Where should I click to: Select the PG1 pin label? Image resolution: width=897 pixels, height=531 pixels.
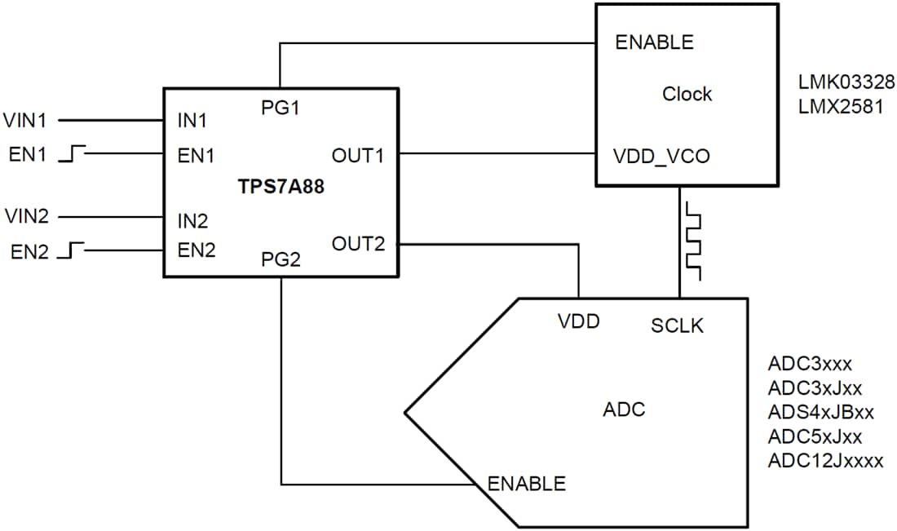click(x=281, y=108)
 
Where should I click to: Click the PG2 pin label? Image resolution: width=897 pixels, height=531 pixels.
click(x=281, y=260)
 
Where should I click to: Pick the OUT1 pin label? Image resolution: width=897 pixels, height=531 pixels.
click(x=357, y=155)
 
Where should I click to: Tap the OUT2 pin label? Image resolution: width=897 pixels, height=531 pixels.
click(x=357, y=243)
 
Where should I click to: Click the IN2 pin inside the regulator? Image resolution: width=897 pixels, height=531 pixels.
click(x=192, y=220)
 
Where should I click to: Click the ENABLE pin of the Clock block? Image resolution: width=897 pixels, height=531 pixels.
click(x=655, y=42)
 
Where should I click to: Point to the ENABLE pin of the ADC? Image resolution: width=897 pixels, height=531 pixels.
click(x=526, y=483)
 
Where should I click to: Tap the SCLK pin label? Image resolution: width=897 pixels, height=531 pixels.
click(x=678, y=325)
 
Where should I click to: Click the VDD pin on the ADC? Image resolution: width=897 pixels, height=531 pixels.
click(x=579, y=321)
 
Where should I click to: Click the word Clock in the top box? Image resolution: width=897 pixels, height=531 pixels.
click(x=687, y=94)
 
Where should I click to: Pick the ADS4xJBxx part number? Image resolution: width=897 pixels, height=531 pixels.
click(x=820, y=411)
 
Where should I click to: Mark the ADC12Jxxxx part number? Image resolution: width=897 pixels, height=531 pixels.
click(x=825, y=460)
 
